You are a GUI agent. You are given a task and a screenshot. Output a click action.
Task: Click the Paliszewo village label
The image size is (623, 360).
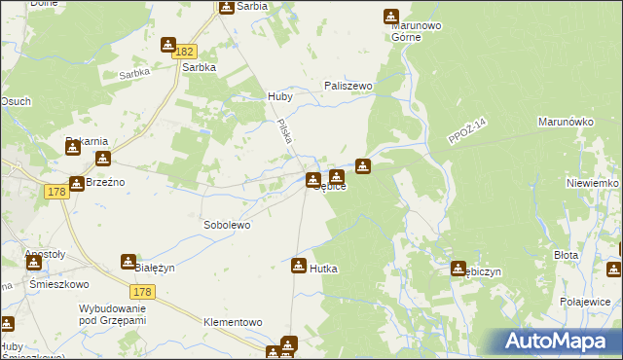click(x=348, y=86)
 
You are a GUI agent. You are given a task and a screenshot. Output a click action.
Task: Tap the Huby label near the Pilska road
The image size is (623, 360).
click(x=279, y=97)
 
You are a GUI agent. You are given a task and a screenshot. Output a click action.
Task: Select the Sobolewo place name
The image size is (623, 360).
click(x=227, y=225)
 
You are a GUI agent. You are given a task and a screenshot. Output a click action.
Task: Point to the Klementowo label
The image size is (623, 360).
click(x=233, y=322)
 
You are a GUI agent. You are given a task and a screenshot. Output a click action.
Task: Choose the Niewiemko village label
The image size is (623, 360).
click(x=592, y=183)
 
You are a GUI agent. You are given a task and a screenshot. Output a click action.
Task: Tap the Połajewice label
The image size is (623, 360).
click(x=584, y=302)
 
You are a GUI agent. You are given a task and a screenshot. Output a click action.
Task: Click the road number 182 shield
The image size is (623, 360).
click(x=187, y=51)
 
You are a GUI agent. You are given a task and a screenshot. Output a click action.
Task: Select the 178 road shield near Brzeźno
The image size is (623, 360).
click(x=55, y=194)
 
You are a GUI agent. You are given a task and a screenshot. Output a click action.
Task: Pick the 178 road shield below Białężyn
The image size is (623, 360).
click(x=143, y=291)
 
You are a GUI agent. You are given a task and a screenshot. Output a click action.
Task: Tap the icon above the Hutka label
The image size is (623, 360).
click(x=299, y=264)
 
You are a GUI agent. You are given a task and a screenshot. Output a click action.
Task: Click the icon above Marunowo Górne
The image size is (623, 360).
click(x=390, y=17)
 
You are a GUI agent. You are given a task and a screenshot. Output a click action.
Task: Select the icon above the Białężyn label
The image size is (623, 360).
click(x=128, y=261)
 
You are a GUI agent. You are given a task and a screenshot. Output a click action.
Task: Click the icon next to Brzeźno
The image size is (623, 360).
click(x=76, y=182)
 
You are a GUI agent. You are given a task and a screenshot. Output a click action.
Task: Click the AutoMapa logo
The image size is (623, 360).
click(x=556, y=342)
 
